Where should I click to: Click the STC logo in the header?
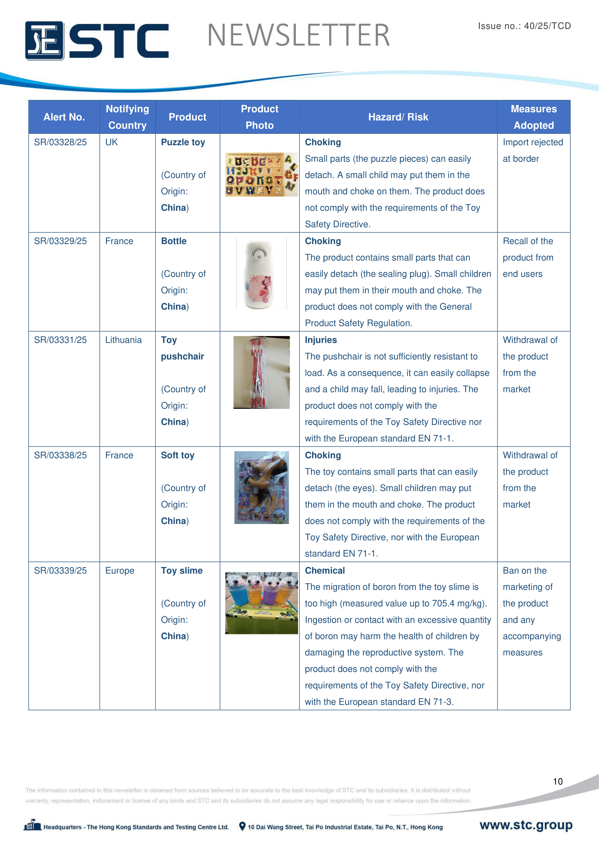click(97, 40)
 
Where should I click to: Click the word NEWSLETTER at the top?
click(298, 35)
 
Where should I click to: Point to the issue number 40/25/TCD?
click(524, 26)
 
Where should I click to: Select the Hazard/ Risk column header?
click(398, 117)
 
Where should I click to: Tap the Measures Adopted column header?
click(533, 117)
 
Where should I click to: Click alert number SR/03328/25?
click(60, 142)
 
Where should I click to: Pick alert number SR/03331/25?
click(60, 340)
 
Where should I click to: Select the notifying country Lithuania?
click(123, 340)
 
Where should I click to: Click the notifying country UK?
click(112, 142)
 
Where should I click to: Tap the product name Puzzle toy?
click(183, 142)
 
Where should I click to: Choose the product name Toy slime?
click(181, 570)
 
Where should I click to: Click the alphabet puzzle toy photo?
click(261, 174)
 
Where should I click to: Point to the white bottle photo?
click(261, 273)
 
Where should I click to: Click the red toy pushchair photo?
click(261, 372)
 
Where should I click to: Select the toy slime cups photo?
click(261, 603)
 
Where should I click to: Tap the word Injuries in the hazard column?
click(321, 340)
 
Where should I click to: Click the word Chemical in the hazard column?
click(324, 570)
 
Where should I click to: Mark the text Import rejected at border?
click(532, 151)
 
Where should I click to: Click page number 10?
click(557, 781)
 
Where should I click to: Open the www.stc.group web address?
click(525, 825)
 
